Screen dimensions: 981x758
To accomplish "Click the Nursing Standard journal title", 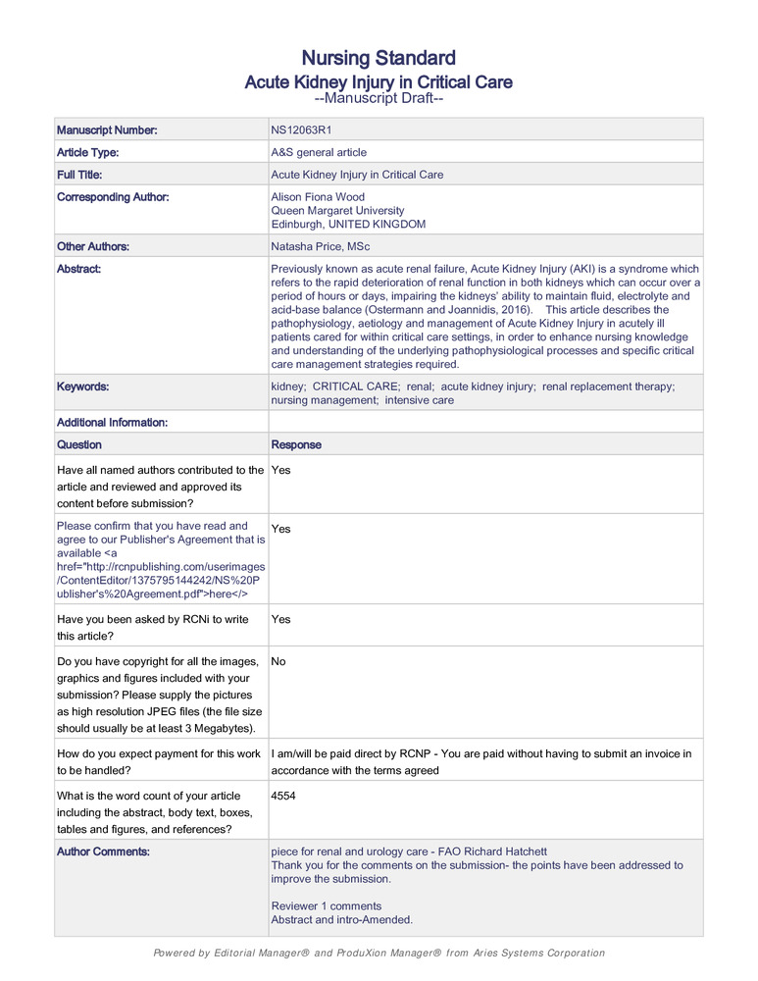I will point(379,57).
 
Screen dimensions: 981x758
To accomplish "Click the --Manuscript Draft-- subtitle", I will point(379,99).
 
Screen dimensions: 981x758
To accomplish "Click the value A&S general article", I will point(319,152).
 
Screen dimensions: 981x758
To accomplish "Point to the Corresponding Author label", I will point(113,197).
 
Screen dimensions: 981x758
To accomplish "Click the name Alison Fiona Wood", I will point(318,197).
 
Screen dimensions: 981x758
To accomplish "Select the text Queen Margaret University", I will point(337,211).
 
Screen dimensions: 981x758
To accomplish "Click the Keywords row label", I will point(82,387).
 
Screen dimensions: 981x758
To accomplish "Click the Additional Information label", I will point(112,422).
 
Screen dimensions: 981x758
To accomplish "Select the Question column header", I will point(78,444).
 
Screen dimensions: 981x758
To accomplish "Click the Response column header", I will point(295,444).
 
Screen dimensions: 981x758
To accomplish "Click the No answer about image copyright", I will point(278,661).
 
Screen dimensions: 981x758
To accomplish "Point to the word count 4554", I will point(283,796).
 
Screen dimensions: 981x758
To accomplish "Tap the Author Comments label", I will point(103,852).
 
